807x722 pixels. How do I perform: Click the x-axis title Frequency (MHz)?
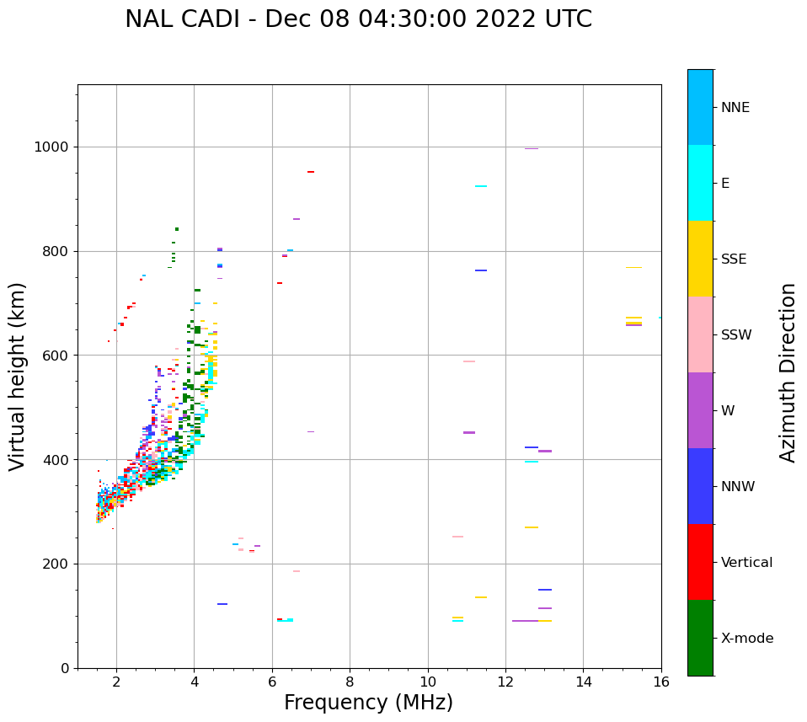click(368, 703)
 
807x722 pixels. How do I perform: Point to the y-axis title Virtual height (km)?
click(18, 376)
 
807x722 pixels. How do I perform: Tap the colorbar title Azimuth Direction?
click(788, 372)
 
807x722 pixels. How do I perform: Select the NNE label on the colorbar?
click(735, 108)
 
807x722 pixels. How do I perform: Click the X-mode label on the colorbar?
click(746, 639)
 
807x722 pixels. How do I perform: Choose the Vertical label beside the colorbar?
click(746, 563)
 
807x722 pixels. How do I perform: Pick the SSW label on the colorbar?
click(735, 335)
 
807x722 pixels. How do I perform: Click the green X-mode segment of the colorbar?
click(700, 638)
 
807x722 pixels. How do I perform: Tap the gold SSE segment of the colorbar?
click(700, 259)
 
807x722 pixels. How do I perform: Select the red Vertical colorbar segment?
click(700, 562)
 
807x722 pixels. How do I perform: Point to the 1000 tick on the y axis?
click(52, 147)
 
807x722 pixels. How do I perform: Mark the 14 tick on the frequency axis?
click(583, 681)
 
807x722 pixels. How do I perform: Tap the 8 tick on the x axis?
click(350, 681)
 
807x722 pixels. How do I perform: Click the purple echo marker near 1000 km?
click(532, 149)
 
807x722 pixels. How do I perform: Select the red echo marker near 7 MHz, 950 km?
click(311, 172)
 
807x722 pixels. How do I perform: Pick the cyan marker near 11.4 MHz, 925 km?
click(481, 186)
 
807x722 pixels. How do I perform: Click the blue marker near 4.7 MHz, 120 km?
click(222, 604)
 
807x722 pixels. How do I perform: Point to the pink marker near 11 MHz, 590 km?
click(469, 361)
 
